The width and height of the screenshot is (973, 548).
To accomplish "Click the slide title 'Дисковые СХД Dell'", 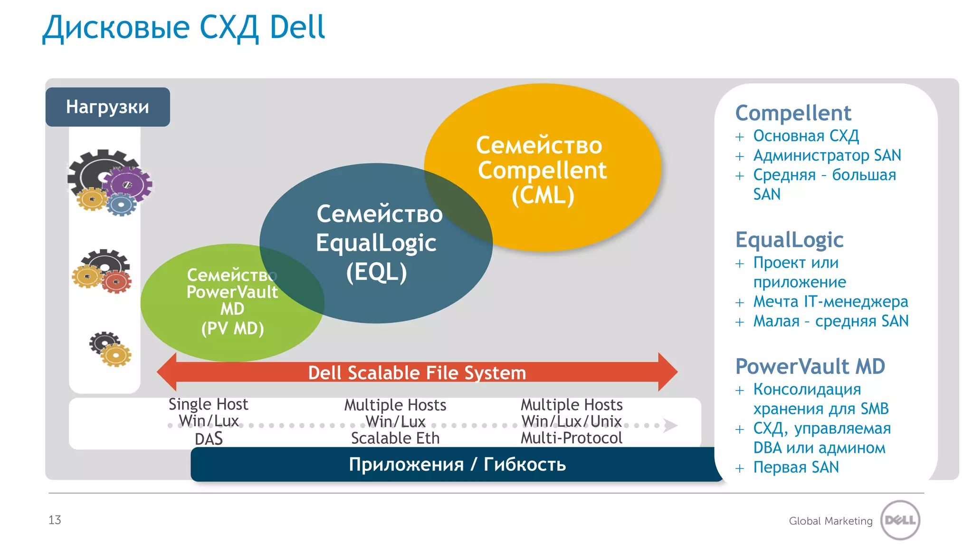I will point(184,28).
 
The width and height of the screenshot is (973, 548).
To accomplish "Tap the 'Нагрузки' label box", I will point(108,107).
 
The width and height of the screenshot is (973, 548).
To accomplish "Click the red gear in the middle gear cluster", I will point(116,282).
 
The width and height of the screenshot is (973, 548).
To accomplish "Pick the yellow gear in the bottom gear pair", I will point(115,355).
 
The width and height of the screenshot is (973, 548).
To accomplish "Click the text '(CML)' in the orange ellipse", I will point(543,196).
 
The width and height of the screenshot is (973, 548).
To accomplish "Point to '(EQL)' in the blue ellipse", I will point(376,273).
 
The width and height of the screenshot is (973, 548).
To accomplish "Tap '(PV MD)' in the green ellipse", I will point(232,328).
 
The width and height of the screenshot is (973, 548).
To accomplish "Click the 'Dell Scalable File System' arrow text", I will point(417,373).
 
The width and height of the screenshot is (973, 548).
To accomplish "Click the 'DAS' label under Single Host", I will point(209,439).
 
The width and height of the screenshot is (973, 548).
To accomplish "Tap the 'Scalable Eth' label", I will point(395,438).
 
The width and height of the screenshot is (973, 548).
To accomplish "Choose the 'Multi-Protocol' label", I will point(571,438).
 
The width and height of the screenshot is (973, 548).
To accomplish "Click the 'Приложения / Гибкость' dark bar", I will point(457,464).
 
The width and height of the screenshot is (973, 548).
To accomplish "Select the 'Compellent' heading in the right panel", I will point(793,113).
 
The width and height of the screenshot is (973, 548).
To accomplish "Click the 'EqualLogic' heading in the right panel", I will point(789,240).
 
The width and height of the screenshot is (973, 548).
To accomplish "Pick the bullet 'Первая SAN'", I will point(796,468).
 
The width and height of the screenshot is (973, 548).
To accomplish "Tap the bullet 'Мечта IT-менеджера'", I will point(830,302).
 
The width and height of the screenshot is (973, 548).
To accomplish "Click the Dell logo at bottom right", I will point(900,520).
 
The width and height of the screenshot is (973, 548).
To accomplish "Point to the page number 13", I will point(55,520).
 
